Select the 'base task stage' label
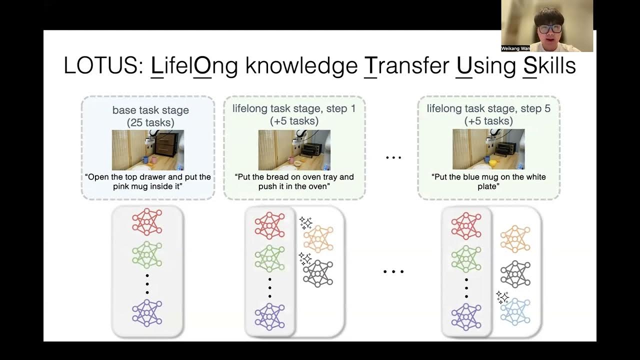click(x=150, y=110)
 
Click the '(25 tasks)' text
click(x=150, y=121)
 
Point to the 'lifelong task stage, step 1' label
click(x=294, y=108)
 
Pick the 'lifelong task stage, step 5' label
click(x=488, y=108)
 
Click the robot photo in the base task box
click(x=147, y=150)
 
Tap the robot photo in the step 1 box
click(x=294, y=150)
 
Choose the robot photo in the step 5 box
click(x=488, y=150)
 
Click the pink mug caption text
click(x=148, y=181)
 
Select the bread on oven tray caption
click(x=294, y=181)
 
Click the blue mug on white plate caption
click(x=488, y=181)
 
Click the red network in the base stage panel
click(x=147, y=222)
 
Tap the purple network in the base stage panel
click(x=147, y=313)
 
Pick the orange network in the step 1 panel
click(x=318, y=238)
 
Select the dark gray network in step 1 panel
click(x=318, y=273)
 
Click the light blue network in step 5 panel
click(x=515, y=311)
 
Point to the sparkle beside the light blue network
click(x=502, y=297)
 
